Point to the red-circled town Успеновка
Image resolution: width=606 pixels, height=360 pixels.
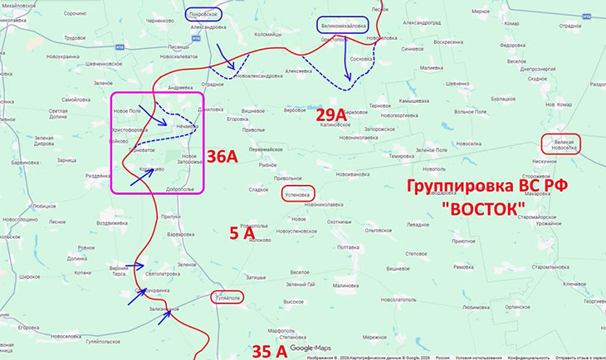point(298,195)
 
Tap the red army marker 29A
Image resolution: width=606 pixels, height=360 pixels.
point(330,114)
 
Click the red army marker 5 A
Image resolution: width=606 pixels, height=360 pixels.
point(242,235)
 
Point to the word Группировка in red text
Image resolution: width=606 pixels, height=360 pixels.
point(452,185)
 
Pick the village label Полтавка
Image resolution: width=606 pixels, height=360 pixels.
point(342,247)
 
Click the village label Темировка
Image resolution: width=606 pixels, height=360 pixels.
point(423,156)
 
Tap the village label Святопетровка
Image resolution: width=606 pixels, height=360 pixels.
point(163,274)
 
